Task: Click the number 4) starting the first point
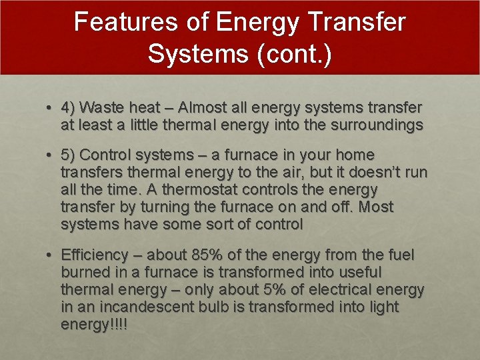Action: tap(68, 107)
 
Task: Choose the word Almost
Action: tap(203, 107)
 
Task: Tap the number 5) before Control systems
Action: tap(68, 155)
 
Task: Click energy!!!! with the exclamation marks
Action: tap(94, 325)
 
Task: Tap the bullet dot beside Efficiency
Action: tap(50, 255)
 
